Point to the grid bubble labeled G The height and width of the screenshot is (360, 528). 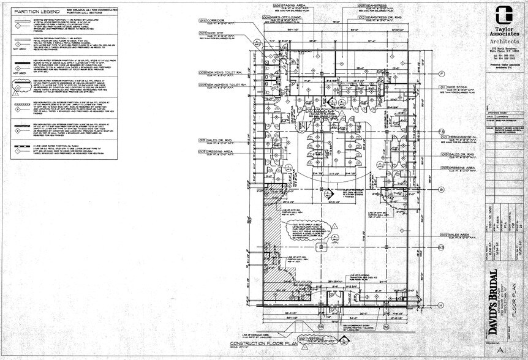pyautogui.click(x=441, y=190)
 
